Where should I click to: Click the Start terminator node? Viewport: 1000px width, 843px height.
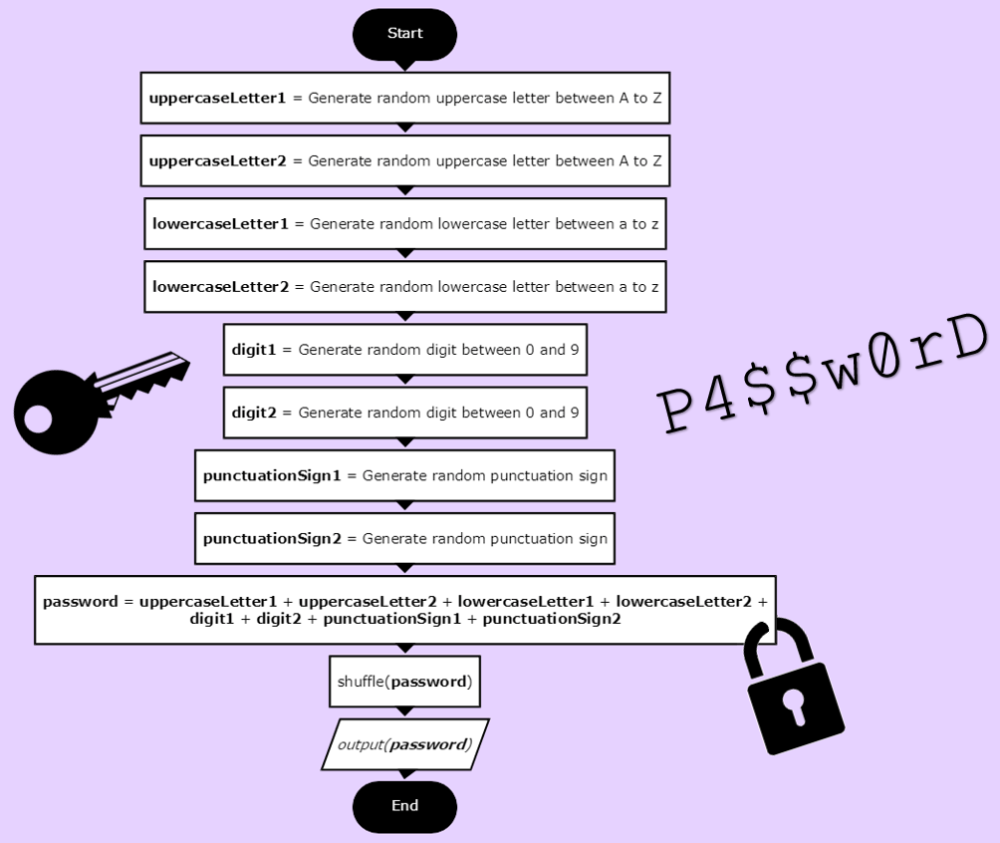pyautogui.click(x=404, y=34)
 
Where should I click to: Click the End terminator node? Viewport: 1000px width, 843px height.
pyautogui.click(x=404, y=806)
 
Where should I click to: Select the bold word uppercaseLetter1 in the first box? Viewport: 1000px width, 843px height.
pyautogui.click(x=217, y=98)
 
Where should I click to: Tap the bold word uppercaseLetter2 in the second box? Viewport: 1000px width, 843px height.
pyautogui.click(x=217, y=160)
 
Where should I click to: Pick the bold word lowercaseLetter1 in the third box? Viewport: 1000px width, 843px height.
pyautogui.click(x=220, y=224)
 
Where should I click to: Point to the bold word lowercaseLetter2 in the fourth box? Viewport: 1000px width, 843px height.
pyautogui.click(x=220, y=287)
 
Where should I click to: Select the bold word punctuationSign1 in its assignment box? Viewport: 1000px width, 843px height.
pyautogui.click(x=272, y=476)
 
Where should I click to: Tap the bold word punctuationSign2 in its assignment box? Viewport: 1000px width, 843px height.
pyautogui.click(x=272, y=539)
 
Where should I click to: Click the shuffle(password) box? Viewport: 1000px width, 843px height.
pyautogui.click(x=404, y=682)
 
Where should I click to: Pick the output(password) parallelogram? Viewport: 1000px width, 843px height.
pyautogui.click(x=404, y=744)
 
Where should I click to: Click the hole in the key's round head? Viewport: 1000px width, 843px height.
pyautogui.click(x=38, y=420)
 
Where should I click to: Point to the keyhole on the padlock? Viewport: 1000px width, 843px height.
pyautogui.click(x=794, y=704)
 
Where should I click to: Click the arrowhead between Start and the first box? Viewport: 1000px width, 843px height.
pyautogui.click(x=404, y=66)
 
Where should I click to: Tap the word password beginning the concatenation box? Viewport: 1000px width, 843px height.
pyautogui.click(x=80, y=602)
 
